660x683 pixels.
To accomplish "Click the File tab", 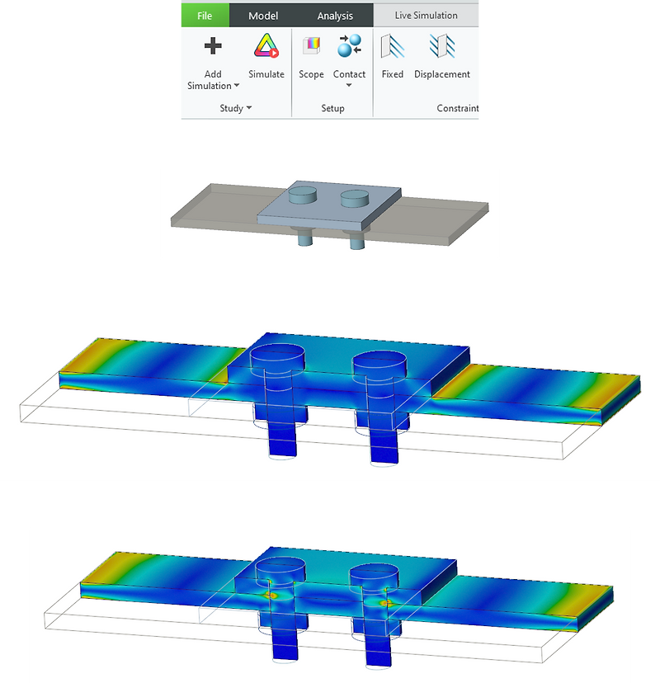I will tap(204, 16).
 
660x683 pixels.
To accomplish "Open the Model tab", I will tap(263, 16).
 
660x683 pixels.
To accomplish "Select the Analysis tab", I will tap(335, 16).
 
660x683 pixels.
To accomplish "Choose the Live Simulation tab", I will tap(426, 16).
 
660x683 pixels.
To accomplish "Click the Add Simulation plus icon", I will tap(213, 47).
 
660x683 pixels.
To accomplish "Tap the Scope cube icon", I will tap(311, 47).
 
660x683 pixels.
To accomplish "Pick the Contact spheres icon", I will tap(349, 47).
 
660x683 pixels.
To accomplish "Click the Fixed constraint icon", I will tap(392, 47).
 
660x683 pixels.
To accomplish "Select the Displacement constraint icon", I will tap(442, 47).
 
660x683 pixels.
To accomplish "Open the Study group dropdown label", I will tap(236, 108).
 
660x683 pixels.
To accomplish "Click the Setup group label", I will tap(332, 108).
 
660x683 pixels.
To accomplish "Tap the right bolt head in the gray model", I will tap(355, 197).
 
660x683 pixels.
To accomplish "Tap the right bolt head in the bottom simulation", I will tap(373, 572).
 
